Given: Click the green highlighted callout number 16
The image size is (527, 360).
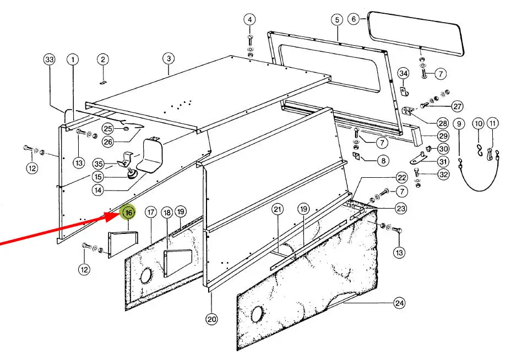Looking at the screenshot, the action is (129, 212).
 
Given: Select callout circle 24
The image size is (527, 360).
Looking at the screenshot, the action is (399, 303).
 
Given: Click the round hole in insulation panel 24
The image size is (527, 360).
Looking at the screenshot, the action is (258, 314).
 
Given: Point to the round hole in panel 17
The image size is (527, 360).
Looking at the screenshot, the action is (146, 276).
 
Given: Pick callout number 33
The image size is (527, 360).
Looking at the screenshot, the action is (50, 60).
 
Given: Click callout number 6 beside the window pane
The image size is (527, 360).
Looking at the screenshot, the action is (354, 19).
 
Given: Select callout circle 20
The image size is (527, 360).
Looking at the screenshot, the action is (212, 319).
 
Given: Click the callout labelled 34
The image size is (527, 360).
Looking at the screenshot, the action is (404, 73).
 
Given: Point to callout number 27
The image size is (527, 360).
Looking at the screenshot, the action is (457, 106).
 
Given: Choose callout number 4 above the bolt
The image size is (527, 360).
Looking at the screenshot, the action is (249, 20).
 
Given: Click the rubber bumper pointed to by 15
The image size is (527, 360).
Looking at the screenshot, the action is (131, 174).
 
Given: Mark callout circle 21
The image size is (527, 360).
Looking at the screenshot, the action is (278, 210).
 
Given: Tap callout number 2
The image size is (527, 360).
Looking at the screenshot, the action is (103, 60).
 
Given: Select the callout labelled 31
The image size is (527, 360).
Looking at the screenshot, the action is (443, 161).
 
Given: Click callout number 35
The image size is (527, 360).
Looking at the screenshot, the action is (99, 164).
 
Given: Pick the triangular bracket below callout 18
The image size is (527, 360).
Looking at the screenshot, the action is (177, 263).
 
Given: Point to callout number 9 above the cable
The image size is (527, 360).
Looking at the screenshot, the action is (459, 124).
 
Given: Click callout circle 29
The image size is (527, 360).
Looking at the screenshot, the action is (443, 136).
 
